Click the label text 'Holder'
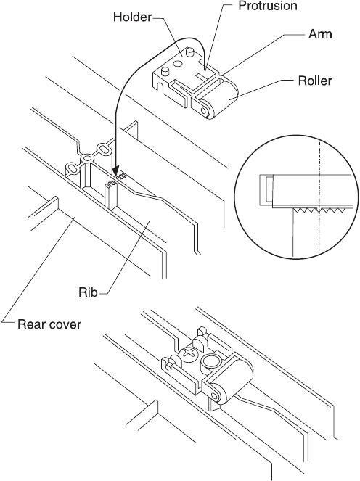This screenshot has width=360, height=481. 132,17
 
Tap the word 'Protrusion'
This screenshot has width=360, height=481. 268,6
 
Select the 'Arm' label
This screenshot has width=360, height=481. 320,34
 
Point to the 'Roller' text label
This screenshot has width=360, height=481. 315,81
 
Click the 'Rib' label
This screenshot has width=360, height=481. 88,292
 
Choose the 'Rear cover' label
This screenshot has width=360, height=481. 49,324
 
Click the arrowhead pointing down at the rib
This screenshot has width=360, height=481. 116,171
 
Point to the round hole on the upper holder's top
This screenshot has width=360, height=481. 177,64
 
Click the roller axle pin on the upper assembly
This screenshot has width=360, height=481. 204,110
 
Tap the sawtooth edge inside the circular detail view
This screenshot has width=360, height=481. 319,210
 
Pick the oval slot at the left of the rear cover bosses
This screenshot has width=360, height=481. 73,169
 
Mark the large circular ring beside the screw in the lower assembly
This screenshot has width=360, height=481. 210,361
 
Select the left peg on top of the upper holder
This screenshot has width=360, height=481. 165,71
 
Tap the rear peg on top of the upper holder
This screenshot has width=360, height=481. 191,52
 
